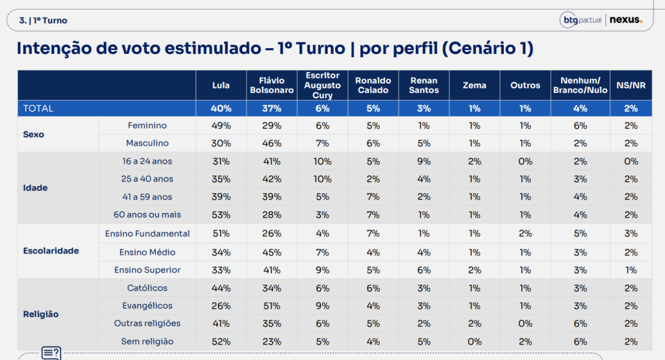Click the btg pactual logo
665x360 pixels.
click(x=581, y=20)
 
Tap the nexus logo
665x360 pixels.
click(x=626, y=19)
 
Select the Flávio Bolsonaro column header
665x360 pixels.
click(x=271, y=85)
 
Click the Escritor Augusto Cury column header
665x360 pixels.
click(x=322, y=85)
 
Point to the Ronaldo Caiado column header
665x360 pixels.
click(x=373, y=85)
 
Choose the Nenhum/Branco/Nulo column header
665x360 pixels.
click(x=580, y=85)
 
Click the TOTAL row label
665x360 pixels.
click(x=38, y=109)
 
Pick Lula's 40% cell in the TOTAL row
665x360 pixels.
click(x=221, y=109)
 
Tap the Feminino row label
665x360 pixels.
click(x=147, y=125)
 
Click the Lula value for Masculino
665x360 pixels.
click(x=221, y=144)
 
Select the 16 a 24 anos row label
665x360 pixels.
click(x=147, y=161)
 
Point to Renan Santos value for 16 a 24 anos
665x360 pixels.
click(x=423, y=161)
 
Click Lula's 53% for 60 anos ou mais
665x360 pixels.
click(x=221, y=215)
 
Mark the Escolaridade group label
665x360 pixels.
click(x=51, y=251)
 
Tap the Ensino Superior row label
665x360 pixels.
click(x=147, y=270)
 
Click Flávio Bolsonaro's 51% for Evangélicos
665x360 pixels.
click(x=271, y=305)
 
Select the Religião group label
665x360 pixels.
click(x=41, y=315)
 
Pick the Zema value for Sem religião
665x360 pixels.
click(x=475, y=342)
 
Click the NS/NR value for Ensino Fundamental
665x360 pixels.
click(x=631, y=233)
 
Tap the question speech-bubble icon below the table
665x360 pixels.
click(x=51, y=354)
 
